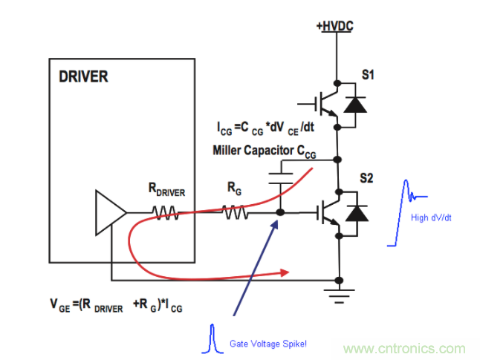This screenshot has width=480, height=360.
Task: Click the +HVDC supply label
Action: pyautogui.click(x=334, y=26)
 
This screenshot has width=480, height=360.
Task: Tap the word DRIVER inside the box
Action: pyautogui.click(x=82, y=76)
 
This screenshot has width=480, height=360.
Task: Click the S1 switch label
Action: pyautogui.click(x=368, y=77)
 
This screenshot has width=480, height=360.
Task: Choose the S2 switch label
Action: pyautogui.click(x=368, y=179)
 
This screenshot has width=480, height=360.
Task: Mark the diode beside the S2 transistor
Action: pyautogui.click(x=357, y=214)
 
